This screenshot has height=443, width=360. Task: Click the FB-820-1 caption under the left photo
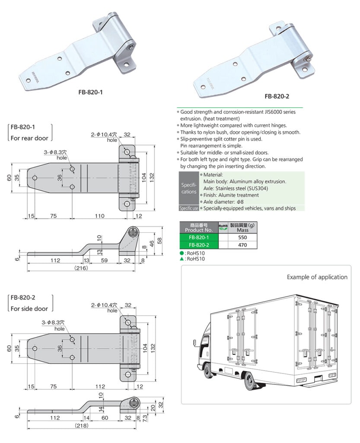pyautogui.click(x=90, y=92)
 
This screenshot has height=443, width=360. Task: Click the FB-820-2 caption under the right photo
pyautogui.click(x=277, y=96)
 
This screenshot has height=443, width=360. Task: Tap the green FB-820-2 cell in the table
pyautogui.click(x=199, y=245)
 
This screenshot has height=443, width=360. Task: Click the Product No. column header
pyautogui.click(x=199, y=228)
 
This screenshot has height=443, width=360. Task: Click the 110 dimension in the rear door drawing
pyautogui.click(x=100, y=216)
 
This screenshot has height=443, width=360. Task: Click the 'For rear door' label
pyautogui.click(x=29, y=138)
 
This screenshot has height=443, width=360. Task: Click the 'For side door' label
pyautogui.click(x=29, y=308)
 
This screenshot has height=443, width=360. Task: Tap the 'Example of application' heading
pyautogui.click(x=317, y=277)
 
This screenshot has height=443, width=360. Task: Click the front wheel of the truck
pyautogui.click(x=209, y=371)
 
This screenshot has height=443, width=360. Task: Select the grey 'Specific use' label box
pyautogui.click(x=188, y=209)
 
